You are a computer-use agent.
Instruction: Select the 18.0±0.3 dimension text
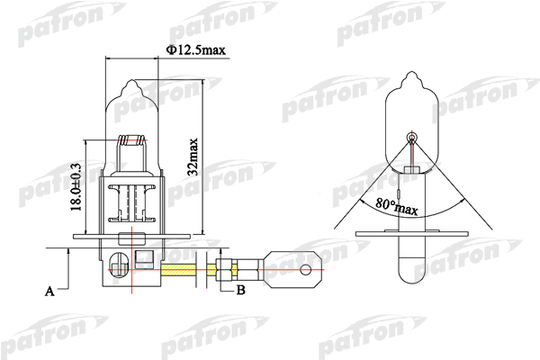pos(77,185)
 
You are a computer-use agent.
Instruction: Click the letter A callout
pos(50,292)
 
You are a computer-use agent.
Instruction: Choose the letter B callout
pos(240,290)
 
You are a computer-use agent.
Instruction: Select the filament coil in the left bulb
pos(133,142)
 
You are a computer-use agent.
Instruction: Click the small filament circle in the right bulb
pos(412,138)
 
